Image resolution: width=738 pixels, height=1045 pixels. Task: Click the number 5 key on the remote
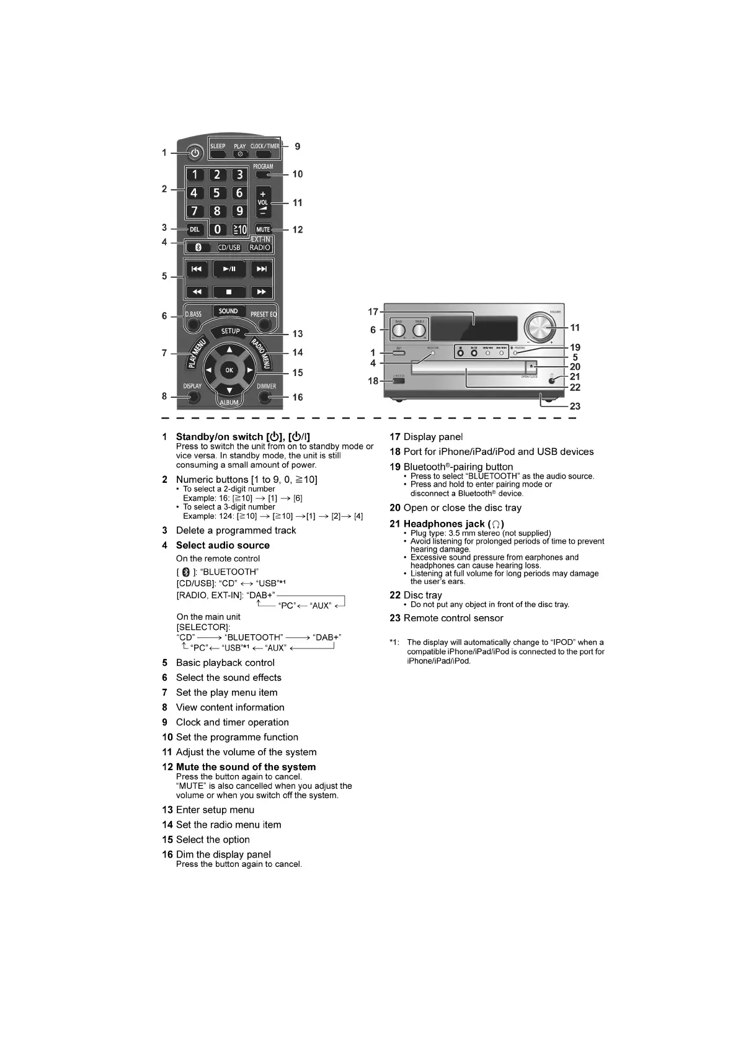point(216,193)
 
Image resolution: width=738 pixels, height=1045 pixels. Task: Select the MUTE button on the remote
point(263,229)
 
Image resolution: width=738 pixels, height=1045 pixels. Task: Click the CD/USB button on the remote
point(229,247)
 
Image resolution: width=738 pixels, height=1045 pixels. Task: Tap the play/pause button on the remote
point(229,269)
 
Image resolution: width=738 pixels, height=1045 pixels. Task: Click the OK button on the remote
point(229,370)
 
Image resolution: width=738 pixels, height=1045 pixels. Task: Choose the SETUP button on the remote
point(231,331)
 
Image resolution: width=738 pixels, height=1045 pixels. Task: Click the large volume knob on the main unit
point(540,326)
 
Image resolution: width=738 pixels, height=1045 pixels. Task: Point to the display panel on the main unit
point(474,327)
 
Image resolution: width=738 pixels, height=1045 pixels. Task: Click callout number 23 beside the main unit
point(575,406)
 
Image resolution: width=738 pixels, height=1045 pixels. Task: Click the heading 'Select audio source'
point(223,545)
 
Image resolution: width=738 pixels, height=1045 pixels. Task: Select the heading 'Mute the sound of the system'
point(246,767)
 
